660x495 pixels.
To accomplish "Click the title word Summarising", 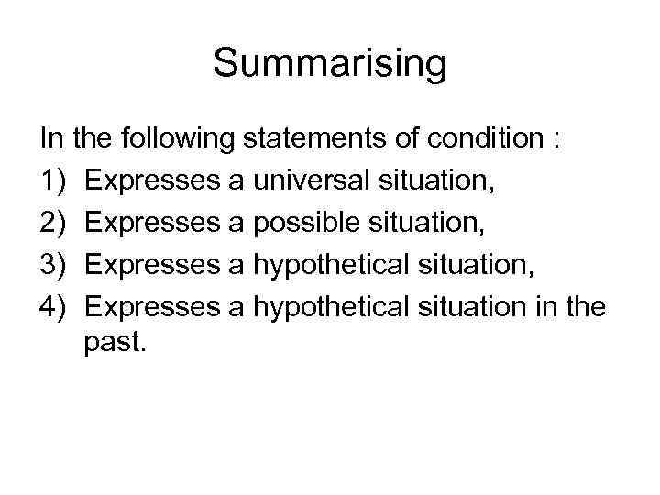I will (x=330, y=65).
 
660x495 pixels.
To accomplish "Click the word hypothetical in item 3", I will (x=331, y=265).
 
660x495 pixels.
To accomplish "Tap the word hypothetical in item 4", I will (x=331, y=305).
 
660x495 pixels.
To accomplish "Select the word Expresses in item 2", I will (x=151, y=225).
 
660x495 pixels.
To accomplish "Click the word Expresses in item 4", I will (x=151, y=305).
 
